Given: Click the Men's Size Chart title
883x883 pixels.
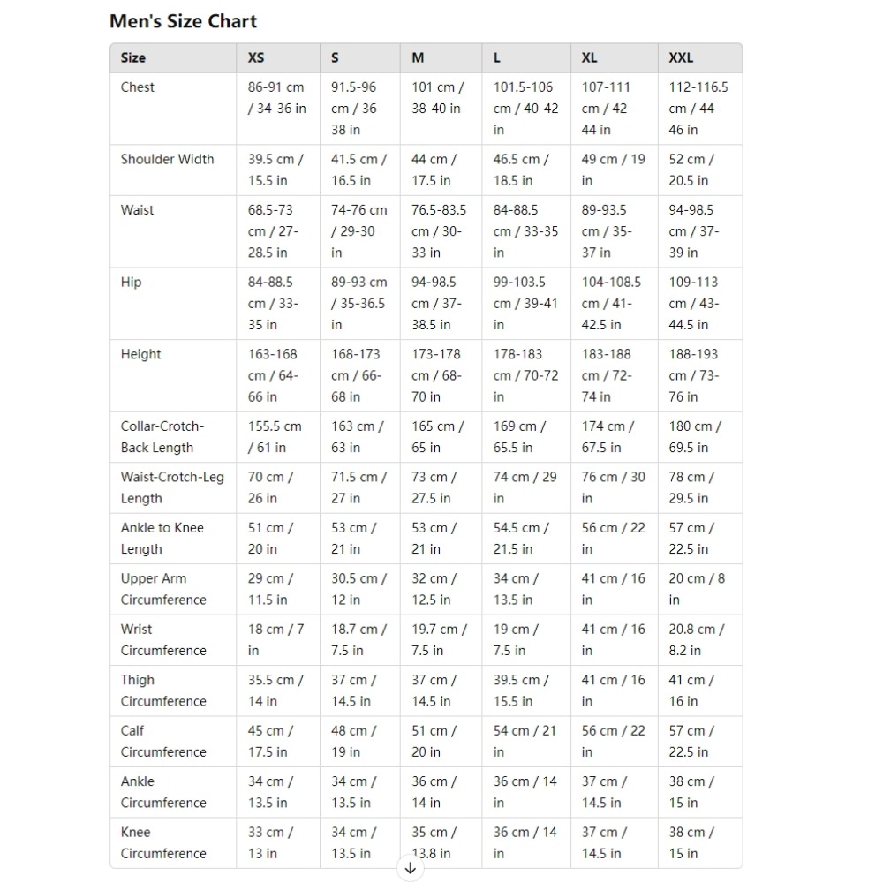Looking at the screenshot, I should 184,21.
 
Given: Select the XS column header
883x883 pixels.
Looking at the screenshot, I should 256,58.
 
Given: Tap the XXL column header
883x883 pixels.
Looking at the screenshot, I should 681,58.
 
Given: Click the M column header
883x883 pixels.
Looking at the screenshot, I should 418,58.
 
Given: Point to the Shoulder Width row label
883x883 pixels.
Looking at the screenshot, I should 168,160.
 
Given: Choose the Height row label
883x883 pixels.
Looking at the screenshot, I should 141,354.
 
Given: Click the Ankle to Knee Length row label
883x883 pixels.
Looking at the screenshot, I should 162,539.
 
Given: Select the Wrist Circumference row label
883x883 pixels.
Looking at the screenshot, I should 163,640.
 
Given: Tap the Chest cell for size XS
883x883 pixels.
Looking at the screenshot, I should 277,98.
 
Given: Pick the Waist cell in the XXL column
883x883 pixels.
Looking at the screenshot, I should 695,231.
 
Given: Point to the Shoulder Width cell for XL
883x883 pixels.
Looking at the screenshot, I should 614,170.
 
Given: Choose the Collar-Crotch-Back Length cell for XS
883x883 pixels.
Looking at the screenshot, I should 275,437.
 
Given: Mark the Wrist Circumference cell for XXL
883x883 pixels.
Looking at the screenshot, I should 697,640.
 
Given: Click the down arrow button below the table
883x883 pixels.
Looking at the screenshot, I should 410,868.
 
